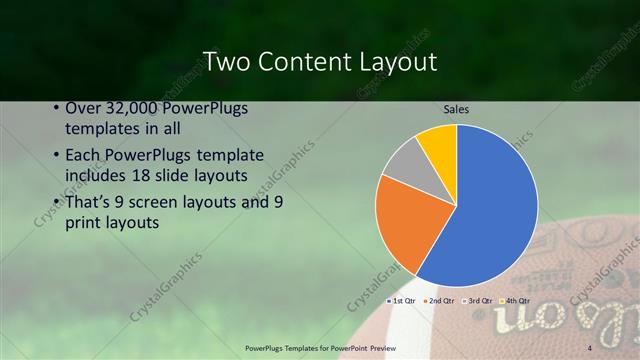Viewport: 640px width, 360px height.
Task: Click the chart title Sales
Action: pyautogui.click(x=456, y=109)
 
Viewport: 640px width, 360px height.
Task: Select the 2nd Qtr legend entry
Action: pyautogui.click(x=439, y=300)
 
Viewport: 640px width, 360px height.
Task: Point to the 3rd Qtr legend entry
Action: pyautogui.click(x=478, y=300)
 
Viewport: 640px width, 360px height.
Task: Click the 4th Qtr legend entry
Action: pyautogui.click(x=516, y=300)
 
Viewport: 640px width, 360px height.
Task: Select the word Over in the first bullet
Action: pyautogui.click(x=82, y=109)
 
